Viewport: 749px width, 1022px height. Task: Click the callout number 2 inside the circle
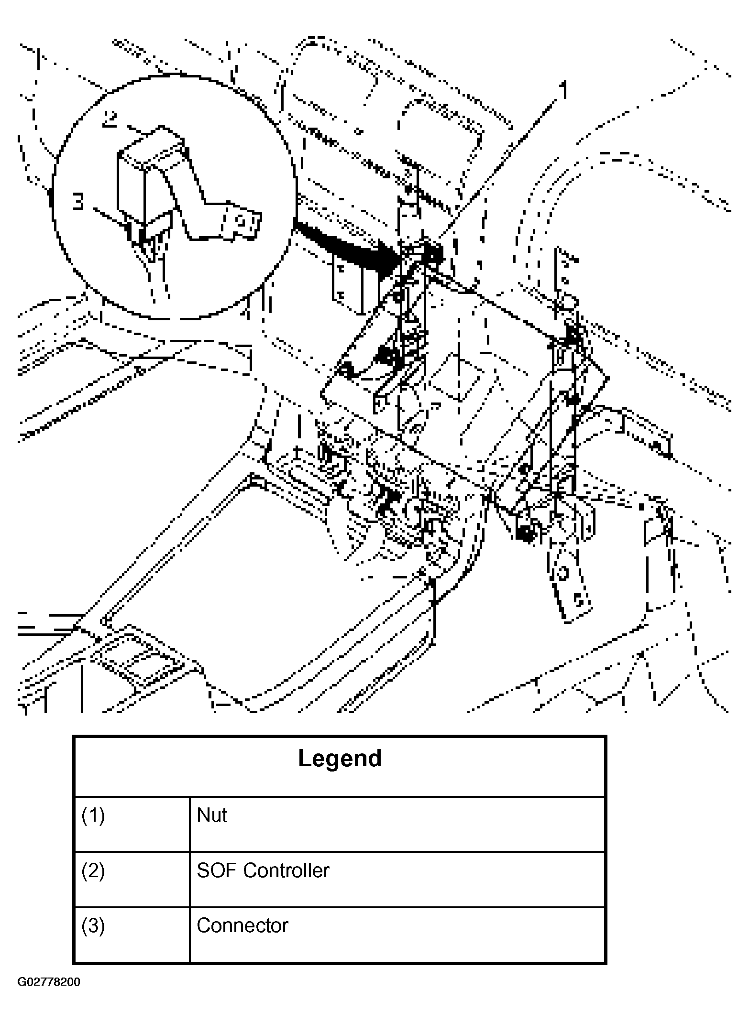110,119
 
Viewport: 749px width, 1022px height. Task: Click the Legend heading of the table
340,758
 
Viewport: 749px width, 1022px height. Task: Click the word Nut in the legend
212,815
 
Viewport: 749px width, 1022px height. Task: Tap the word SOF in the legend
216,871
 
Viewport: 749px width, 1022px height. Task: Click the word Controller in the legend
286,871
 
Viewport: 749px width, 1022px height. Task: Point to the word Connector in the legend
242,926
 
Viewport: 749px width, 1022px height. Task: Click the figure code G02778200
49,982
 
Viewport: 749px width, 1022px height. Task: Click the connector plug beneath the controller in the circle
146,239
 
